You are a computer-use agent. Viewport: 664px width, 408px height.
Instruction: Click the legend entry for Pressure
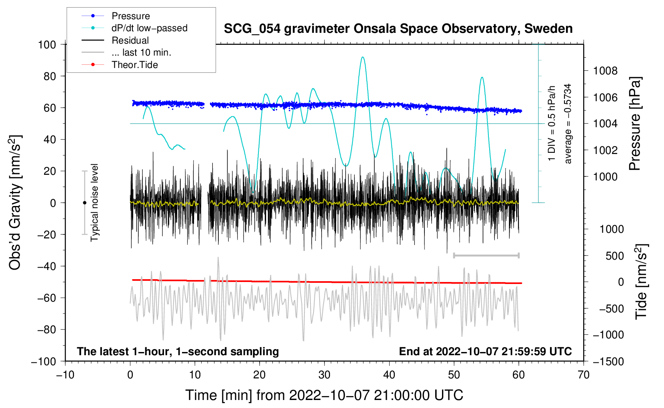click(130, 16)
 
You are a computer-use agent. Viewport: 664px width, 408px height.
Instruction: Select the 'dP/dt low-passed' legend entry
click(149, 28)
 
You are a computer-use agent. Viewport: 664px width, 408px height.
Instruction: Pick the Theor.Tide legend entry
click(134, 65)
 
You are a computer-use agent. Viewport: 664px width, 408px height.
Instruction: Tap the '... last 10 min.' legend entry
click(141, 52)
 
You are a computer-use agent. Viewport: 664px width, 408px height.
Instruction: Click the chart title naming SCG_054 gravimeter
click(398, 29)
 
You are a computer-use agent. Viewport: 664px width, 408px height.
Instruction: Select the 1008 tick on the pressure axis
click(605, 71)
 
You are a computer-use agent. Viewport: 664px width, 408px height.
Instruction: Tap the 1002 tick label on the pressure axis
click(605, 150)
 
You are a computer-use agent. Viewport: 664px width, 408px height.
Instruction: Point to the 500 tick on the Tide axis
click(614, 256)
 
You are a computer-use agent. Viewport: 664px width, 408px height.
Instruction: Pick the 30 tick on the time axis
click(324, 375)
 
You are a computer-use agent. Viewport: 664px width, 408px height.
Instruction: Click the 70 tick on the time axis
click(584, 375)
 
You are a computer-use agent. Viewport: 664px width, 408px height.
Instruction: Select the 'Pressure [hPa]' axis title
click(635, 124)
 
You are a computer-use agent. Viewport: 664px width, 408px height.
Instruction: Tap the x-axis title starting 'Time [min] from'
click(324, 395)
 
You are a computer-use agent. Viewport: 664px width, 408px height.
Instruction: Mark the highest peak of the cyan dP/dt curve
click(362, 57)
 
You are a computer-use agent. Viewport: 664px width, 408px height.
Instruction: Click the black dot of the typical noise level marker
click(84, 203)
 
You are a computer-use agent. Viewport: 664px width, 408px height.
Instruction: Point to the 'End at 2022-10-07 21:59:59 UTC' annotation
click(485, 351)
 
